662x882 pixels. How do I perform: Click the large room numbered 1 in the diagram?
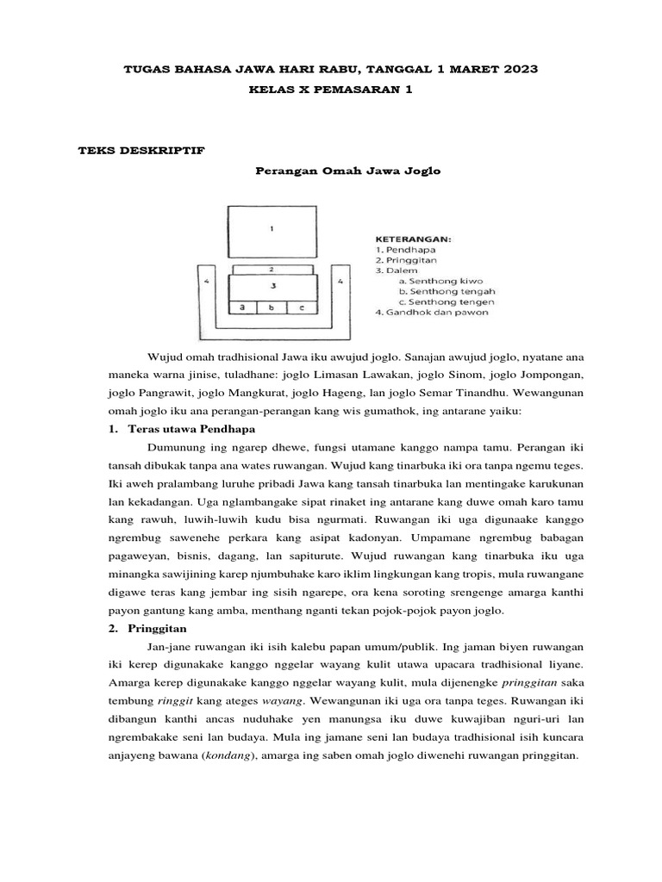(272, 229)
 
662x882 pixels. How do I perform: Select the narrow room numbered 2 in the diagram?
(272, 269)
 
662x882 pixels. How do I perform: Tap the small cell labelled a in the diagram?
(243, 307)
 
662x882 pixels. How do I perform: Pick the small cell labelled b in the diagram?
(272, 307)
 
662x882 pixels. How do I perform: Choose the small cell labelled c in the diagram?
(302, 307)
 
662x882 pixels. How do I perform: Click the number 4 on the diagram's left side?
(205, 281)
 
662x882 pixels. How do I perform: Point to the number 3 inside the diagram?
(272, 285)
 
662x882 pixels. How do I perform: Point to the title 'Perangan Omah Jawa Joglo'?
(347, 171)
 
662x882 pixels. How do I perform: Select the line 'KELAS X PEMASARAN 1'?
(330, 90)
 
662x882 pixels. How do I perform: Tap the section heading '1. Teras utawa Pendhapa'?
(184, 429)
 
